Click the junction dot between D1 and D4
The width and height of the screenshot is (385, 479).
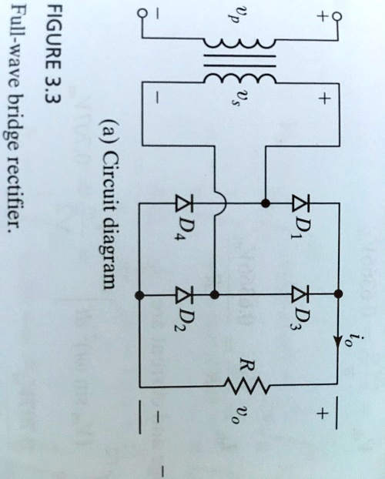(x=265, y=204)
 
